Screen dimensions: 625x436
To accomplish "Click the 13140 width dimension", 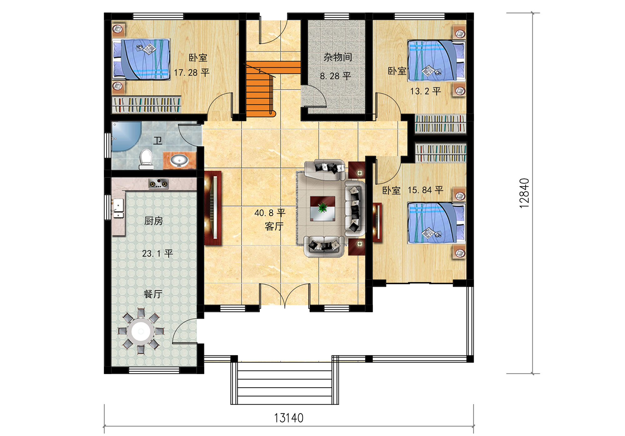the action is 288,418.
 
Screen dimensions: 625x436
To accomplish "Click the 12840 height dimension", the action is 524,193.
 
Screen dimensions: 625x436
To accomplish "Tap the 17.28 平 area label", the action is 191,73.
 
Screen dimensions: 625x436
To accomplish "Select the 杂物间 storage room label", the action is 338,57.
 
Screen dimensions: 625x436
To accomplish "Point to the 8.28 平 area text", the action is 335,76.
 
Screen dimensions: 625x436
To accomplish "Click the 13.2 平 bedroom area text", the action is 425,91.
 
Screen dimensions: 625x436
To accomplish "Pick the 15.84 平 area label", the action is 425,190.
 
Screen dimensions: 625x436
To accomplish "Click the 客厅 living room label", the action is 274,226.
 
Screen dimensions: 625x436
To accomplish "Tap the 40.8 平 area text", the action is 270,213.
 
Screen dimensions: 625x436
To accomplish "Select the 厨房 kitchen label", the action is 154,221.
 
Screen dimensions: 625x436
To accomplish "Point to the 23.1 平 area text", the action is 157,253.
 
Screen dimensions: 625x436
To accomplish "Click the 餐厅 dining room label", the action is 153,294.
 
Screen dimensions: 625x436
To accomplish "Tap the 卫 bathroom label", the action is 158,141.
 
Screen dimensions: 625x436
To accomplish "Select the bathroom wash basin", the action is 179,160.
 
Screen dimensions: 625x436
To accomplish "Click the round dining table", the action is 141,331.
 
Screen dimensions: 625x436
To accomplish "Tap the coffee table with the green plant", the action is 322,208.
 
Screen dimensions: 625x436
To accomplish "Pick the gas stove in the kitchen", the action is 158,184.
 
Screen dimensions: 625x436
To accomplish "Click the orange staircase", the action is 269,89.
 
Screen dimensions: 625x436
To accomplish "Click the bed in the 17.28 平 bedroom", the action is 142,59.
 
